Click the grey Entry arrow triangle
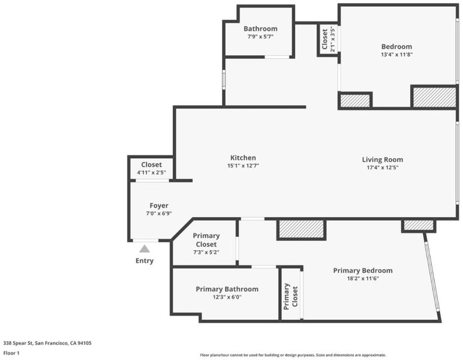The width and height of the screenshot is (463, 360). [x=145, y=248]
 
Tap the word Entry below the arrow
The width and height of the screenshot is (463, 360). [x=145, y=261]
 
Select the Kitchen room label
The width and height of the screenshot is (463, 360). [x=243, y=158]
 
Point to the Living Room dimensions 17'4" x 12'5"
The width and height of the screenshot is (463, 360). [x=383, y=167]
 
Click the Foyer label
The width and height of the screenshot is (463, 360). [x=159, y=206]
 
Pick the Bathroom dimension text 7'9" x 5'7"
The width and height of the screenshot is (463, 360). [x=260, y=37]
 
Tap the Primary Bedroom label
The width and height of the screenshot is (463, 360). [x=363, y=271]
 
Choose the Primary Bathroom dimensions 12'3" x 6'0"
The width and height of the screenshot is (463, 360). [x=227, y=297]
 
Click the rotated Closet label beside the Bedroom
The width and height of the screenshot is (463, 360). [x=325, y=39]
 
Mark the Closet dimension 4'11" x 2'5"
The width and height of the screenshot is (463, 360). [x=152, y=172]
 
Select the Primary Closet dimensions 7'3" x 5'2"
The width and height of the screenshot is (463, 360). [x=206, y=252]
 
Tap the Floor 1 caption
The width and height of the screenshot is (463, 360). [x=11, y=353]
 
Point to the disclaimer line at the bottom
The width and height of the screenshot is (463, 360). [x=293, y=355]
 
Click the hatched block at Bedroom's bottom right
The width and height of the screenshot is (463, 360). [x=434, y=97]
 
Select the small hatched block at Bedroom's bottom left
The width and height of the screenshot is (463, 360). [x=355, y=100]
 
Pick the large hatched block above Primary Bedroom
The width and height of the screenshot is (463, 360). [x=302, y=229]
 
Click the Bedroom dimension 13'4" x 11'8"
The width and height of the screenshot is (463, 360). [x=396, y=55]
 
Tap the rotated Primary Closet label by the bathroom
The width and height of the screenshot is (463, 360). [x=290, y=296]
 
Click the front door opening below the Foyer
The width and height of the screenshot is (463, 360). [x=146, y=241]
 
